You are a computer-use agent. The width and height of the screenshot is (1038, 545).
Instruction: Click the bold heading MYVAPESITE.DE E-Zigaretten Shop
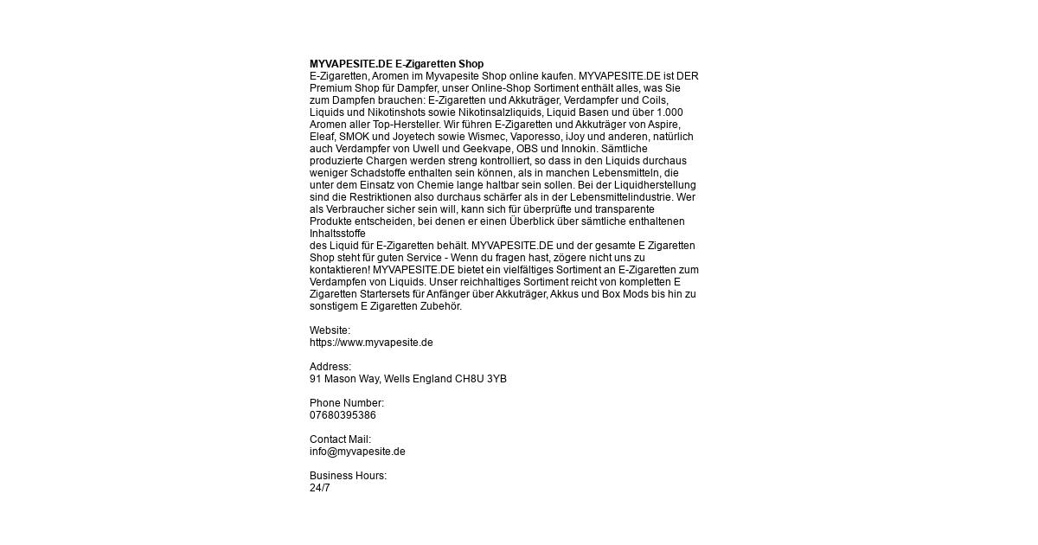[396, 64]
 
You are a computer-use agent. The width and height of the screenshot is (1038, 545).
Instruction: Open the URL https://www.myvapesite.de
[371, 343]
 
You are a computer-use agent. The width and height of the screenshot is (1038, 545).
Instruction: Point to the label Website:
[330, 330]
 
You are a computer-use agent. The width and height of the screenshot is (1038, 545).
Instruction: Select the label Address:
[330, 367]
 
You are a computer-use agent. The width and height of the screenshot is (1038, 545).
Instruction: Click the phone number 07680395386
[343, 415]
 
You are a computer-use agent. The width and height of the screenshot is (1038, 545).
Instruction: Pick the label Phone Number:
[347, 403]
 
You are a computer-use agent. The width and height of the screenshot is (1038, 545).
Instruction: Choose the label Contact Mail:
[340, 439]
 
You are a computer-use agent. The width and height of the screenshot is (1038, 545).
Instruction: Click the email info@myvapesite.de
[357, 452]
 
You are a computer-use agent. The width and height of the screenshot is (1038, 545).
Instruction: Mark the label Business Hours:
[348, 476]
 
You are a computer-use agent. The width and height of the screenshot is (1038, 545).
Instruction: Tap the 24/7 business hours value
[320, 488]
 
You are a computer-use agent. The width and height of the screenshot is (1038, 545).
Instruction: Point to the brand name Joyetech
[408, 137]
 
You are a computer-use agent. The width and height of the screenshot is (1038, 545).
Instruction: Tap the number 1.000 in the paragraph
[670, 112]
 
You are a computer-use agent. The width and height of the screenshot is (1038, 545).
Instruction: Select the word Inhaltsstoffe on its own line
[338, 234]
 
